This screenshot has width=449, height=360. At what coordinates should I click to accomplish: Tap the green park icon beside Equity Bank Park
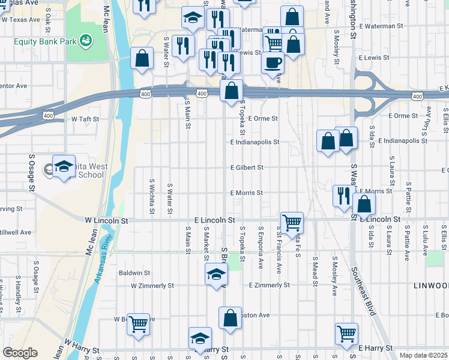point(87,40)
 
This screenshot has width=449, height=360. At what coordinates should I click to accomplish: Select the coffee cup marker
point(273,62)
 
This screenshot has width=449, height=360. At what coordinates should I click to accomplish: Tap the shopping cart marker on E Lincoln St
point(292,223)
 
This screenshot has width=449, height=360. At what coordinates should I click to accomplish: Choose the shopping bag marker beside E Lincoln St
point(364,204)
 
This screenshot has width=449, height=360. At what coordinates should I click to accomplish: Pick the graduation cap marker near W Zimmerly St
point(217,274)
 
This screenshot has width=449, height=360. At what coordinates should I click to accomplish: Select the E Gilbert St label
point(247,168)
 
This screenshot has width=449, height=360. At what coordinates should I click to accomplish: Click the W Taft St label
point(85,119)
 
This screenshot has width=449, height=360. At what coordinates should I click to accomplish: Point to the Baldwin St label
point(133,272)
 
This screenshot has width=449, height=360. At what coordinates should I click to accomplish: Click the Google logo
point(20,353)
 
